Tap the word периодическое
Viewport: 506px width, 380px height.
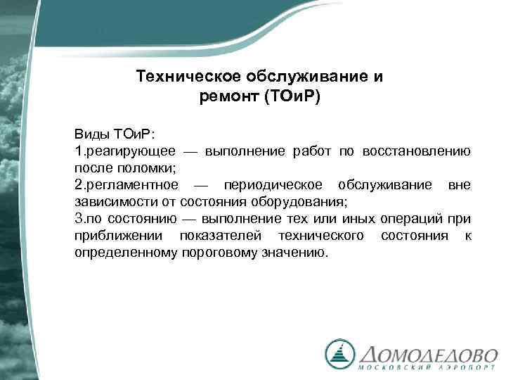273,185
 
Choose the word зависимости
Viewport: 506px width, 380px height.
109,202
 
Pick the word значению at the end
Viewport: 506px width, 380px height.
294,253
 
